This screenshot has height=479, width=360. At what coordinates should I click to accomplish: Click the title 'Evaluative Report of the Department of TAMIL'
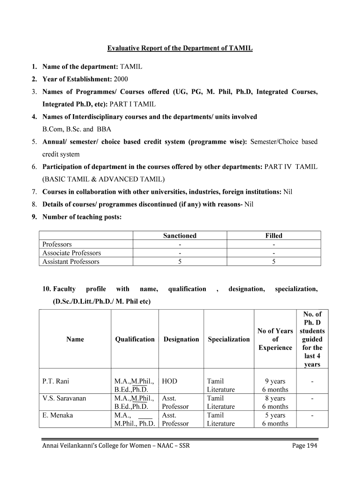[180, 48]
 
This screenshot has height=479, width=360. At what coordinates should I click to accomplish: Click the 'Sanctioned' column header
[180, 236]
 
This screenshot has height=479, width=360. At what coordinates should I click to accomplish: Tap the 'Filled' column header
[274, 236]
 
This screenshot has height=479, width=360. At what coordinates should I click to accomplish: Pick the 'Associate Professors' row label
[72, 253]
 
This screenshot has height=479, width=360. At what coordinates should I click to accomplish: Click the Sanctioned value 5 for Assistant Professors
[180, 262]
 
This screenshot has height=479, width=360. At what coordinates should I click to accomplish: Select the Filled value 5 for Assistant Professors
[274, 262]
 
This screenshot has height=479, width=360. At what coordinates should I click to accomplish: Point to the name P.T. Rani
[56, 381]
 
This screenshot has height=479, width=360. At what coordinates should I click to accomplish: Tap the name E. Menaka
[58, 415]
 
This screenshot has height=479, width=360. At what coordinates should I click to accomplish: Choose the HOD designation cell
[169, 381]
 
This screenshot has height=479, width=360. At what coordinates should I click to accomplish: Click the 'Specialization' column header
[229, 339]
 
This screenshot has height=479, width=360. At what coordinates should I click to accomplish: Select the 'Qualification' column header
[135, 339]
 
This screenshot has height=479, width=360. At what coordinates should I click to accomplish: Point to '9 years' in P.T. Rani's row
[275, 381]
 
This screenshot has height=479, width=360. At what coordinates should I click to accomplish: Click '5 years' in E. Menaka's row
[275, 415]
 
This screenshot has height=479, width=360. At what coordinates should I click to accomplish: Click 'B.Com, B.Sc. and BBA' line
[77, 129]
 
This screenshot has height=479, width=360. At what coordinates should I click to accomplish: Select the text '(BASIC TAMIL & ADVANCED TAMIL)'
[103, 179]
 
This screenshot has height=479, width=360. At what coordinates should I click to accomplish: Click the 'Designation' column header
[181, 339]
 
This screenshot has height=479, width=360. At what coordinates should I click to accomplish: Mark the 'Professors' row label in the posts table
[57, 244]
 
